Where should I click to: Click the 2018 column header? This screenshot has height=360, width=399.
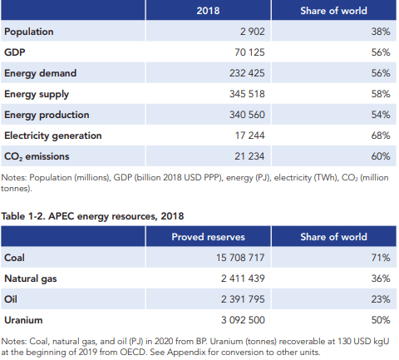[208, 11]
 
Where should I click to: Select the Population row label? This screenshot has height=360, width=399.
[29, 32]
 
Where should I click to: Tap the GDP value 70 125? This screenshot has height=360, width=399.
[249, 52]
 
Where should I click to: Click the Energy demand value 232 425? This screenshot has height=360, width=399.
[247, 73]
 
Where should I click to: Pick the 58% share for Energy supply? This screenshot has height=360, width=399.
[381, 94]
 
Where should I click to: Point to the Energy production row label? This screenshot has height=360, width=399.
[47, 115]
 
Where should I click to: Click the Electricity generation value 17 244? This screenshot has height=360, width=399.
[249, 136]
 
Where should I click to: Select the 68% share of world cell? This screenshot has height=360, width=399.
[381, 136]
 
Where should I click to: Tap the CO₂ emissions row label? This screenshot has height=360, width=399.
[37, 156]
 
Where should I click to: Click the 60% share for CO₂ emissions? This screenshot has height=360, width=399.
[381, 156]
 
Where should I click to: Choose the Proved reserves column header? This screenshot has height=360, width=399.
[209, 237]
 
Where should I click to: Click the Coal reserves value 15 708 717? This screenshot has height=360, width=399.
[240, 258]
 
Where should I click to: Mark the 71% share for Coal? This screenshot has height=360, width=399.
[381, 258]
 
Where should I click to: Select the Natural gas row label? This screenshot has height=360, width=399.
[31, 279]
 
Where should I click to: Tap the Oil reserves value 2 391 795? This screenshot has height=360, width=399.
[243, 299]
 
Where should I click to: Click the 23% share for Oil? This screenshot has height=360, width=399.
[381, 299]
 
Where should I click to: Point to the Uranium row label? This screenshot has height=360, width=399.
[23, 320]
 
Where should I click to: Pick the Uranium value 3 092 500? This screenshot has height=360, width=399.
[243, 320]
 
